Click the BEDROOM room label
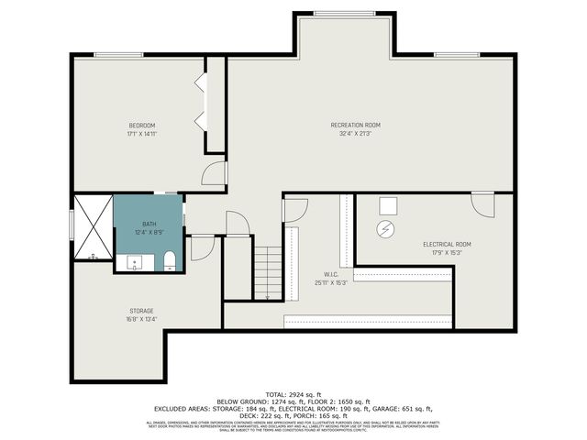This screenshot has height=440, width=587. [x=141, y=125]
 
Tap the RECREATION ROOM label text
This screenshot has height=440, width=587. [x=355, y=125]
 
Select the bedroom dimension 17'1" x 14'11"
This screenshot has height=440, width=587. [x=141, y=134]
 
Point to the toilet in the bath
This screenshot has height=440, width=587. [x=169, y=264]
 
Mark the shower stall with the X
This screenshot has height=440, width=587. [x=93, y=227]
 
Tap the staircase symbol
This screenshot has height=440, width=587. [x=266, y=272]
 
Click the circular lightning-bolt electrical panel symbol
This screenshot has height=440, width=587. [x=387, y=229]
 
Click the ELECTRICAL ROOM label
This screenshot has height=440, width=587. [x=447, y=244]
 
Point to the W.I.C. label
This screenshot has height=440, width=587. [x=331, y=273]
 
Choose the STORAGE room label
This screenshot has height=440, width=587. [x=140, y=311]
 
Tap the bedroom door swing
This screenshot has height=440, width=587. [x=215, y=174]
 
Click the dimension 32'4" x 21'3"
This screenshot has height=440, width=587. [x=355, y=134]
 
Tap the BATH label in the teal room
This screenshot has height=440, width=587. [x=149, y=225]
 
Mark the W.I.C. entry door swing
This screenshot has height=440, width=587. [x=292, y=209]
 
